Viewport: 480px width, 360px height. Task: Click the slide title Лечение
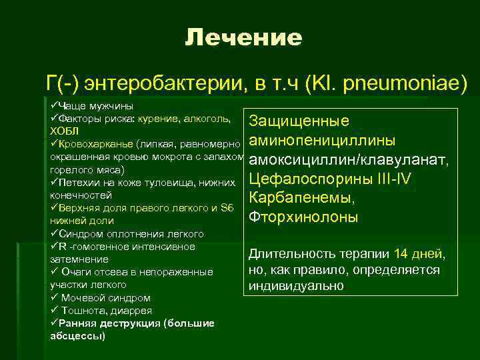point(243,38)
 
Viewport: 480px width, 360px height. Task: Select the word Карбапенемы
point(301,199)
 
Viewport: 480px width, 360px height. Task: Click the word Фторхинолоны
point(303,217)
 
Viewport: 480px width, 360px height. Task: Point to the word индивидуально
point(295,286)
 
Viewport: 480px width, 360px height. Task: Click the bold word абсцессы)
point(78,336)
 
